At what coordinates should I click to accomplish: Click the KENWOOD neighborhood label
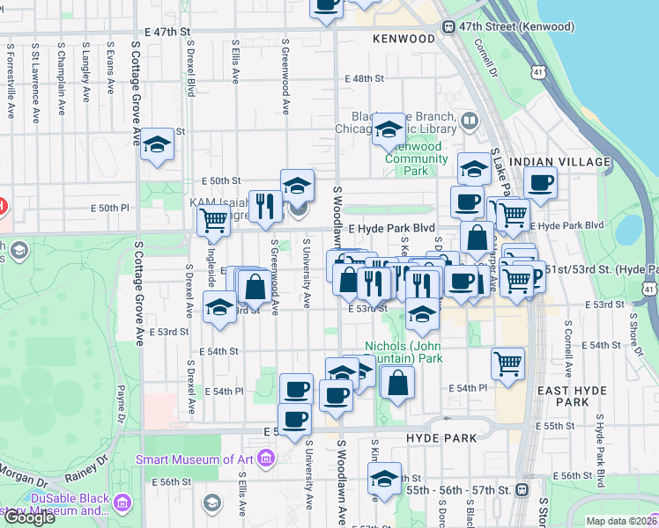(x=404, y=39)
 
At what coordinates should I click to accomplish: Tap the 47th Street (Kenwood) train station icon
(x=449, y=27)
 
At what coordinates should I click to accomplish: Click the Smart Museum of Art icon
(x=269, y=458)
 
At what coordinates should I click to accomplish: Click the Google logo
(x=29, y=517)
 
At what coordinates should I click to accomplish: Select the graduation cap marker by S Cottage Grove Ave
(x=157, y=144)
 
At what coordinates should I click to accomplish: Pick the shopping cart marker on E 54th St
(x=507, y=363)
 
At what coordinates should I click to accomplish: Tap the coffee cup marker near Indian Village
(x=540, y=183)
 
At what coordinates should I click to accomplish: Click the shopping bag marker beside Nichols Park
(x=397, y=381)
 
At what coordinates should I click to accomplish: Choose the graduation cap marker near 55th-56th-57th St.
(x=384, y=479)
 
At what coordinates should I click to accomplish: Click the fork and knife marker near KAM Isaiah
(x=265, y=205)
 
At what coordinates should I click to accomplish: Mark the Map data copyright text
(x=621, y=521)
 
